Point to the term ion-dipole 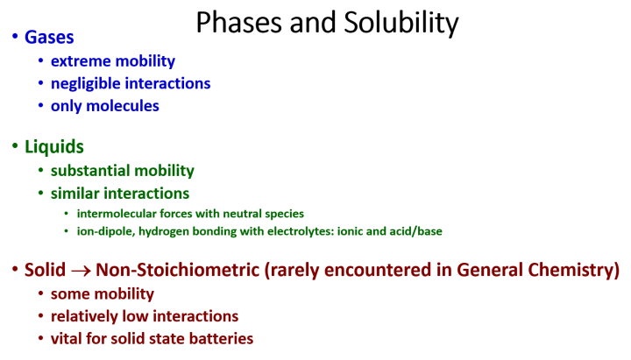click(x=103, y=231)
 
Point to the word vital click(x=67, y=338)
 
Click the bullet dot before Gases click(x=14, y=38)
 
